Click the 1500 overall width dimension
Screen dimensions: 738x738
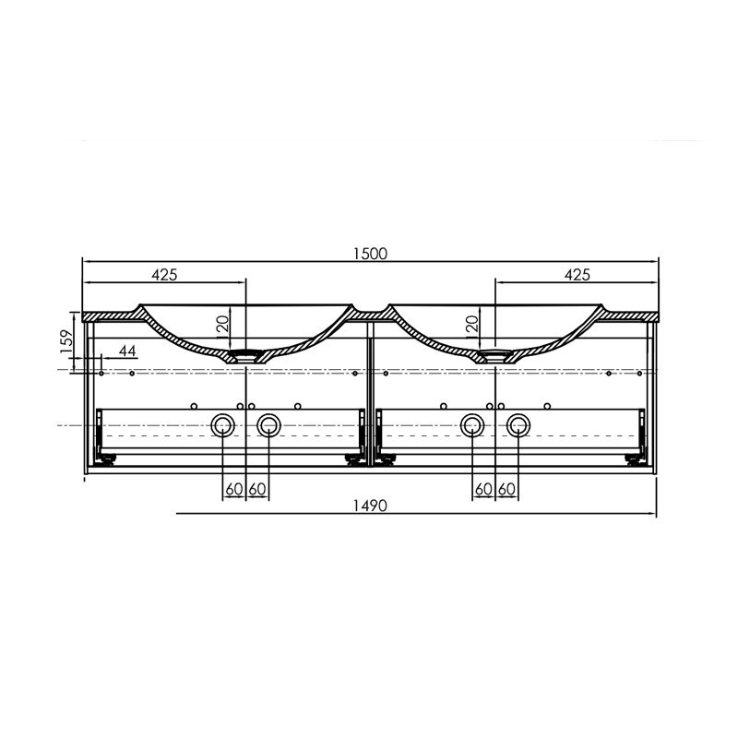click(371, 254)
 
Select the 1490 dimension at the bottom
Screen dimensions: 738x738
click(371, 506)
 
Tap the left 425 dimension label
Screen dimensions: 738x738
click(164, 274)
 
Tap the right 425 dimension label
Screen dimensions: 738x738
click(577, 274)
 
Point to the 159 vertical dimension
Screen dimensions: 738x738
click(66, 341)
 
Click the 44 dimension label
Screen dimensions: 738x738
click(127, 351)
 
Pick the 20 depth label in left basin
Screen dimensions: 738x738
click(222, 324)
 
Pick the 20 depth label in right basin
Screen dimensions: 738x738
click(472, 324)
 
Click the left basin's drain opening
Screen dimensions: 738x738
click(245, 352)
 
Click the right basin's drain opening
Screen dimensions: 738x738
click(495, 352)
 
